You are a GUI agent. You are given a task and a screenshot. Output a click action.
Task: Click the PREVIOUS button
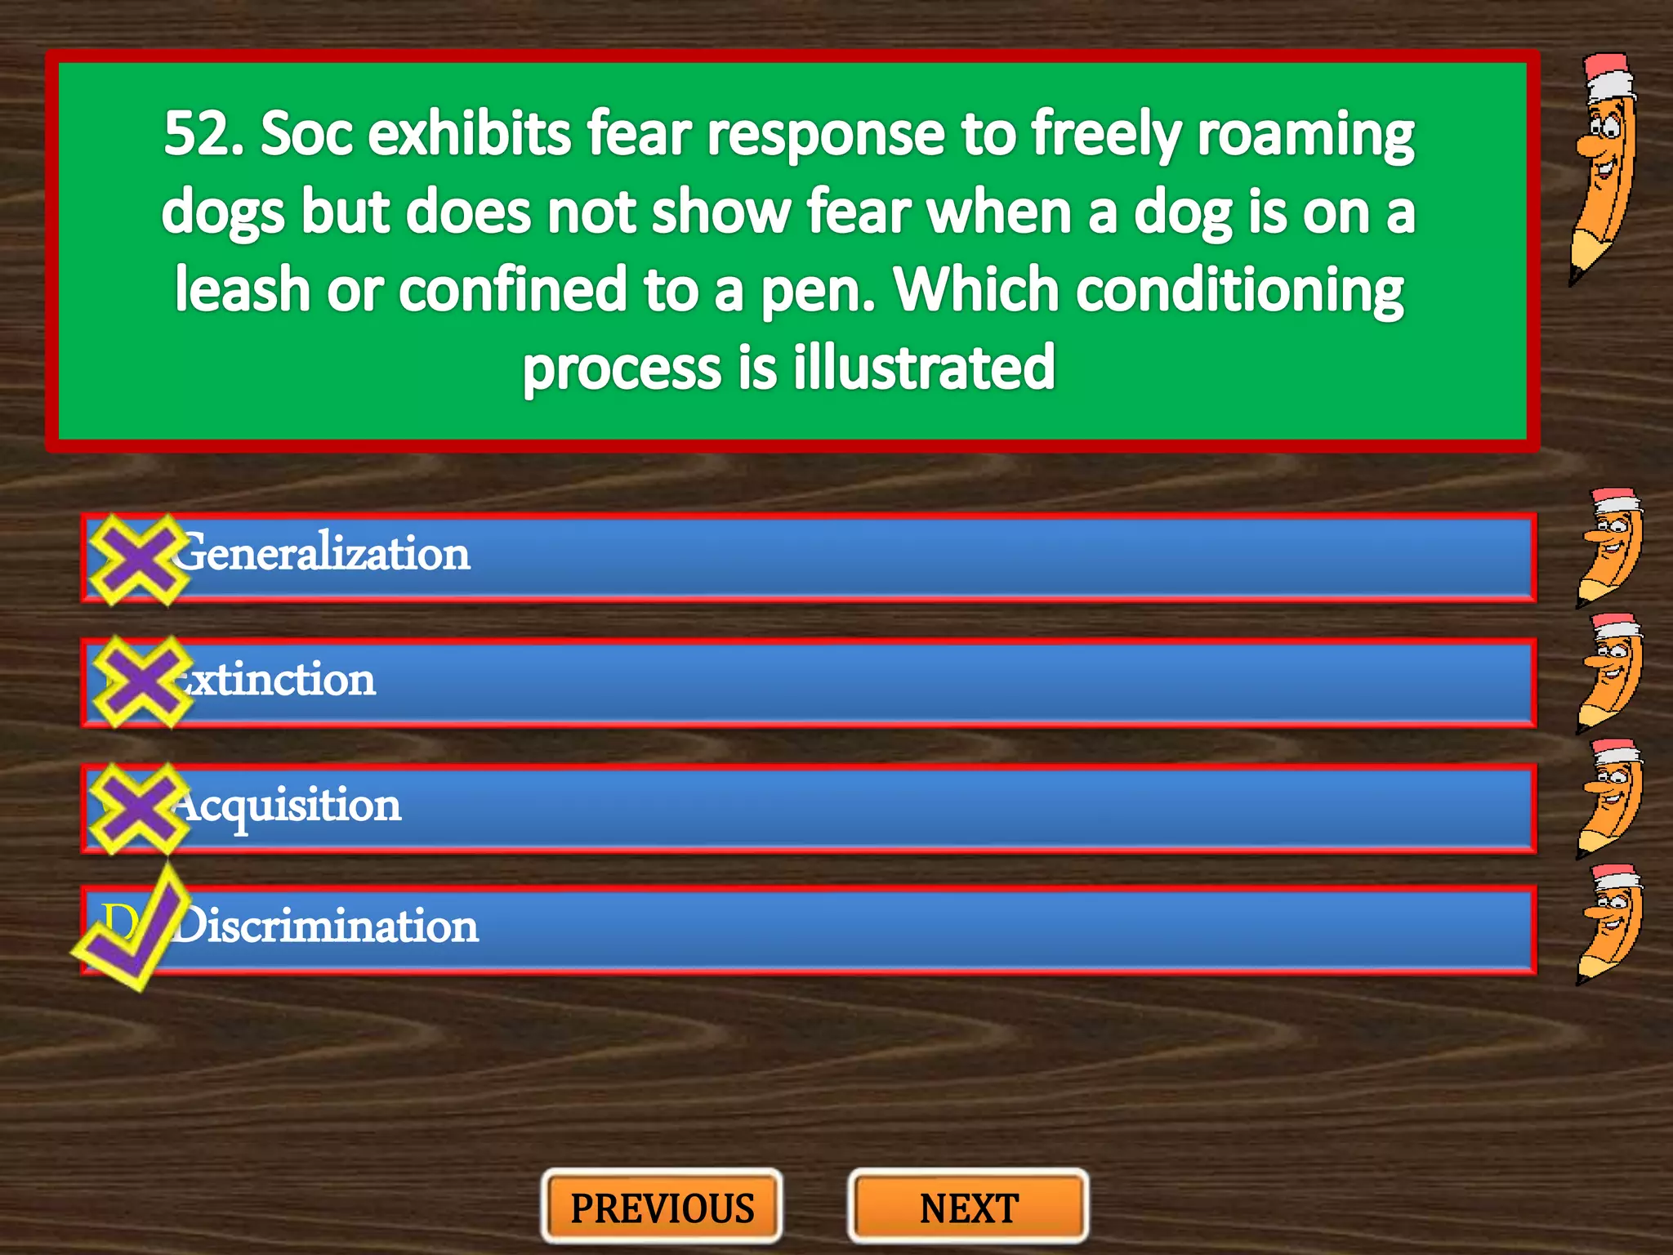coord(662,1208)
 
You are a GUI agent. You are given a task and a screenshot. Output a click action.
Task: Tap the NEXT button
coord(969,1208)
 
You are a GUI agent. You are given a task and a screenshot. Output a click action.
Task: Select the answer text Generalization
coord(323,553)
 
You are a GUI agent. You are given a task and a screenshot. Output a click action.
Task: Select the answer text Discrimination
coord(327,927)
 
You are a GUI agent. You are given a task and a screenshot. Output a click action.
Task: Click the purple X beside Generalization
coord(137,560)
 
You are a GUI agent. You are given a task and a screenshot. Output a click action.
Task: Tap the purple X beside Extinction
coord(141,681)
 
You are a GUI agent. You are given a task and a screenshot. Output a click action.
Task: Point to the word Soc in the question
coord(306,134)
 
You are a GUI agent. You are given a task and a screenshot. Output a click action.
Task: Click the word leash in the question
coord(242,290)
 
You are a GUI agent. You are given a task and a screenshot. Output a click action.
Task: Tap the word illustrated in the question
coord(924,368)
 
